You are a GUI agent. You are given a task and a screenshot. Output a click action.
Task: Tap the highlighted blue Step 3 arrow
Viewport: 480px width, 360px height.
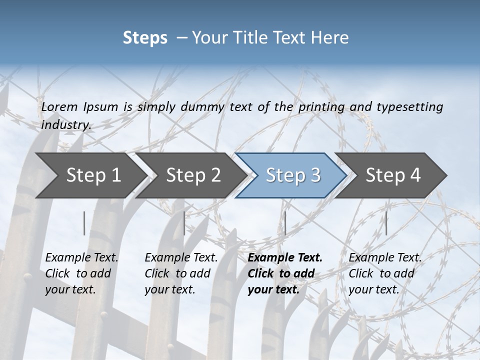pyautogui.click(x=292, y=175)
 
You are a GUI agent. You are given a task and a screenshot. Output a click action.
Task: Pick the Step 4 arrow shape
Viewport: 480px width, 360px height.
pyautogui.click(x=393, y=175)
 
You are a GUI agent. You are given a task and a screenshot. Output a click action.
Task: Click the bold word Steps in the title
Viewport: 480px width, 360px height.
pyautogui.click(x=145, y=37)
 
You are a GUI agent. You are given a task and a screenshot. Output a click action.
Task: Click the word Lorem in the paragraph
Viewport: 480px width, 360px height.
pyautogui.click(x=59, y=106)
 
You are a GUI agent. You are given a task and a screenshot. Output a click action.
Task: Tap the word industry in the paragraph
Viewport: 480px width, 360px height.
pyautogui.click(x=66, y=124)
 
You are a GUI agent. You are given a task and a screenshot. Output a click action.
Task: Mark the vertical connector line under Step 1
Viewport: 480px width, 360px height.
pyautogui.click(x=84, y=223)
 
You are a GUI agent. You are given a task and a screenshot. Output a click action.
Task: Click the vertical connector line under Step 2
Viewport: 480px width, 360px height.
pyautogui.click(x=184, y=223)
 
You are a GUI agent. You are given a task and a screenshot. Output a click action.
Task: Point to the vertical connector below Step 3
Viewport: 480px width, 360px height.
pyautogui.click(x=285, y=223)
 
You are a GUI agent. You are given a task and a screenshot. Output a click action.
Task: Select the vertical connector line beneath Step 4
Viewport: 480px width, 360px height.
pyautogui.click(x=386, y=223)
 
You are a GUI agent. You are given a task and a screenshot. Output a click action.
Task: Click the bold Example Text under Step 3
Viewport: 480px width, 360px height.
pyautogui.click(x=285, y=258)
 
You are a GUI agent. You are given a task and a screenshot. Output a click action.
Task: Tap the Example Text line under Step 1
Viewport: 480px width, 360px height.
pyautogui.click(x=82, y=258)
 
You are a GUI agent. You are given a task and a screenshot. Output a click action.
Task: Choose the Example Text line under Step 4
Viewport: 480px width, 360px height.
pyautogui.click(x=385, y=258)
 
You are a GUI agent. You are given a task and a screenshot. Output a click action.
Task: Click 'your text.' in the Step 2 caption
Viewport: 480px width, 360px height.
pyautogui.click(x=170, y=289)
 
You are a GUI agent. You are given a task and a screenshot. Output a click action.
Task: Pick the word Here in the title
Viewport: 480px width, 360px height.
pyautogui.click(x=329, y=37)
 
